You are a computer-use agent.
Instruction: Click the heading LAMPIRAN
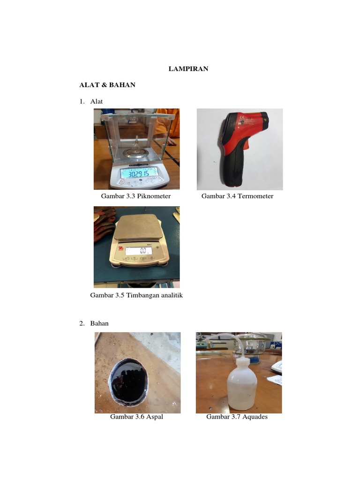[188, 68]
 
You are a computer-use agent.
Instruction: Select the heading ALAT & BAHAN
[107, 85]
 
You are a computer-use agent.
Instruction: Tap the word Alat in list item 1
[97, 101]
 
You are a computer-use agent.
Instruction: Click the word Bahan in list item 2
[99, 323]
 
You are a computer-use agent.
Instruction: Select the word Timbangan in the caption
[141, 295]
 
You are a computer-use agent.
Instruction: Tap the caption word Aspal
[155, 417]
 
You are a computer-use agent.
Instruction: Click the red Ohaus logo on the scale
[121, 248]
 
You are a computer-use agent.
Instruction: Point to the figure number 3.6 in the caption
[139, 417]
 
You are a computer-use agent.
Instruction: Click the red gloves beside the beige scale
[104, 224]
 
